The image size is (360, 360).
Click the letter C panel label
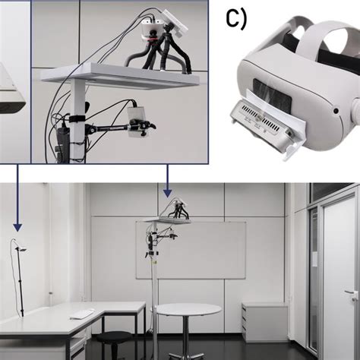point(236,19)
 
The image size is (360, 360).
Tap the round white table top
point(188,309)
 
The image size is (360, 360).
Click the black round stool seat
point(114,336)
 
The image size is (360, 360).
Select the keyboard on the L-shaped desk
point(81,314)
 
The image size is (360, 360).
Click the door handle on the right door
point(350,292)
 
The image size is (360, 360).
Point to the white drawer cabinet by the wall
point(264,322)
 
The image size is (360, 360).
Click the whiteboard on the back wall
point(191,250)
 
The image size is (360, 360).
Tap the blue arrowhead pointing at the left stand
point(17,228)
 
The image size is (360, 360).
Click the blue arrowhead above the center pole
point(167,194)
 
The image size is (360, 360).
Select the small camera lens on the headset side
point(336,111)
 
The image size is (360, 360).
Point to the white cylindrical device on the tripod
point(152,29)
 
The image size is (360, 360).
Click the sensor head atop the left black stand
point(22,250)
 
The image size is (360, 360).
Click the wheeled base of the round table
point(187,355)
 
